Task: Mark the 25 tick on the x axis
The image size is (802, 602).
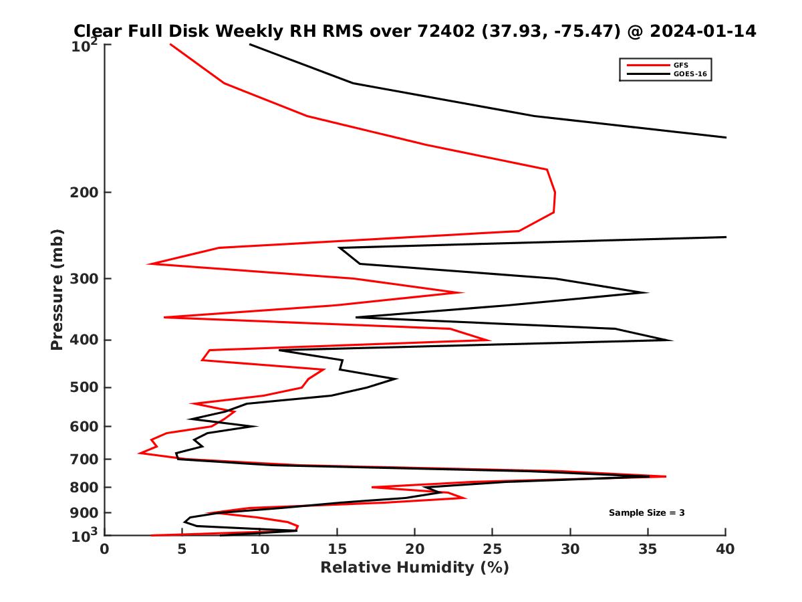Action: tap(493, 549)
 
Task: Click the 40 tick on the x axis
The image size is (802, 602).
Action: tap(726, 549)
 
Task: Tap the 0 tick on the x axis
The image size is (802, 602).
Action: tap(105, 549)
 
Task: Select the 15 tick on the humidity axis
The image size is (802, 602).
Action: tap(338, 549)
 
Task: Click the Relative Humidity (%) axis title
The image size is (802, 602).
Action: tap(414, 568)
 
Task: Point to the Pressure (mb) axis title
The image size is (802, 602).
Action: tap(57, 289)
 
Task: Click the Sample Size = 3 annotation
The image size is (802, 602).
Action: tap(646, 513)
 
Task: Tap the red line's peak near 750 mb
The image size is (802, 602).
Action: tap(666, 476)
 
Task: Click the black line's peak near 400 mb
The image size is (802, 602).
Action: tap(672, 340)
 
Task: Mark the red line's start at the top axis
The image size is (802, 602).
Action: tap(170, 44)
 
